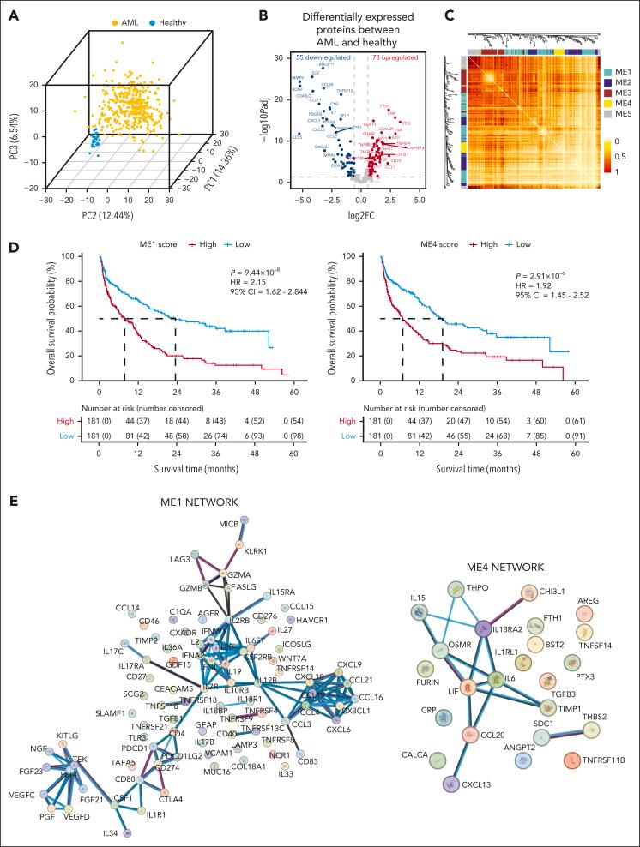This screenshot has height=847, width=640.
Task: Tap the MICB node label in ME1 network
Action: [x=228, y=524]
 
